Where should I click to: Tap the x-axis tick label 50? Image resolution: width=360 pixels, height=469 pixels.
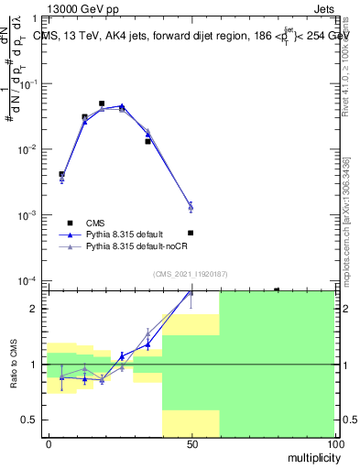[x=191, y=443]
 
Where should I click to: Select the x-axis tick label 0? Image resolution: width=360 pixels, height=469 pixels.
[x=49, y=443]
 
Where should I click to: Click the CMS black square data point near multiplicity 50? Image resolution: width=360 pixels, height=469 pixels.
[x=191, y=233]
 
